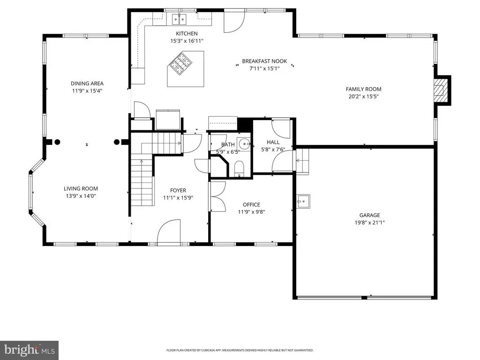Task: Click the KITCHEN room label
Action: coord(187,33)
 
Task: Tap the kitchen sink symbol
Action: coord(179,20)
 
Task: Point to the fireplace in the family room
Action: coord(442,90)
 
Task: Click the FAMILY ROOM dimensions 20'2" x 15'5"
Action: coord(363,97)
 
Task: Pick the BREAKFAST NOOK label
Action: coord(264,61)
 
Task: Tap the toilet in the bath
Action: coord(239,169)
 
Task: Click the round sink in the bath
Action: coord(244,143)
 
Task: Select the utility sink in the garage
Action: coord(303,202)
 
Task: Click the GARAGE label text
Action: coord(369,215)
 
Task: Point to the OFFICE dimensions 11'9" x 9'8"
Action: coord(251,212)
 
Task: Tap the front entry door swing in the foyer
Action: coord(169,231)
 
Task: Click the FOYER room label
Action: coord(178,190)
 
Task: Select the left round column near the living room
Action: coord(57,142)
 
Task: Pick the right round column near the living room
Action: coord(117,142)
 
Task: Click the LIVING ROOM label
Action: coord(81,188)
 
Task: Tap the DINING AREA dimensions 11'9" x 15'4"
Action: coord(87,91)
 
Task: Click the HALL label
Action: coord(273,142)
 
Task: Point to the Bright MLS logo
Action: coord(29,350)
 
